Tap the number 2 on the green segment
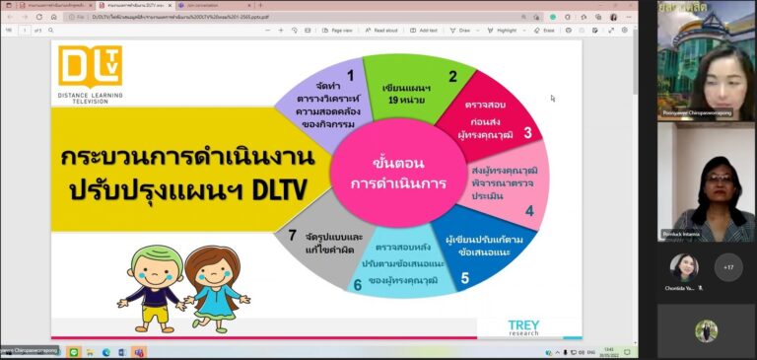452,76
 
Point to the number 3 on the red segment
527,132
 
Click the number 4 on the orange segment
529,210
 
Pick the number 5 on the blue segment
464,278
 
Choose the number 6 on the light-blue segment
358,285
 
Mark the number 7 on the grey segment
292,235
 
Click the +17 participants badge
728,267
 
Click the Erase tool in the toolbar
544,31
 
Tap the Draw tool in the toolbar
460,31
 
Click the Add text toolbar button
425,31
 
